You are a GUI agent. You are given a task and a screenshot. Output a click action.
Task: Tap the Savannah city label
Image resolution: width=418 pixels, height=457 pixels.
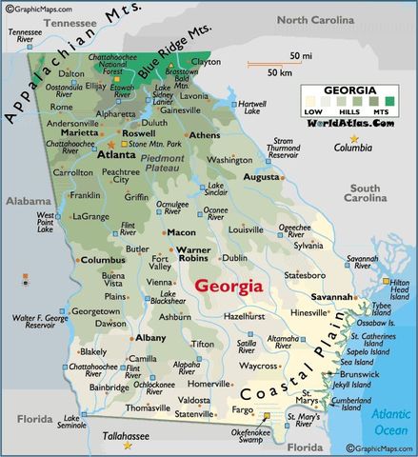pos(331,296)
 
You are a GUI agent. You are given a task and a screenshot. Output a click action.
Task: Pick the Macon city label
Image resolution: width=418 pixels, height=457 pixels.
pos(181,232)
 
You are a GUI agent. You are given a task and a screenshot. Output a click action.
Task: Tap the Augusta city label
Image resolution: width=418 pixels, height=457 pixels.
pos(261,177)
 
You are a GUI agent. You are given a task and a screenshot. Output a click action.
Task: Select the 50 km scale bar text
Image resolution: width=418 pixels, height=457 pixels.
pos(280,73)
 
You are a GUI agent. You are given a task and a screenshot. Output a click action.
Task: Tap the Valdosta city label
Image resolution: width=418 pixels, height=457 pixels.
pos(193,400)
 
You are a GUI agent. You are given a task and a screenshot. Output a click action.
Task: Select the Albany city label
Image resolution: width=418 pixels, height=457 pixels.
pos(124,338)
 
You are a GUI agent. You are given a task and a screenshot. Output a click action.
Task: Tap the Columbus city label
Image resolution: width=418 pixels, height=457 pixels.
pos(102,259)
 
